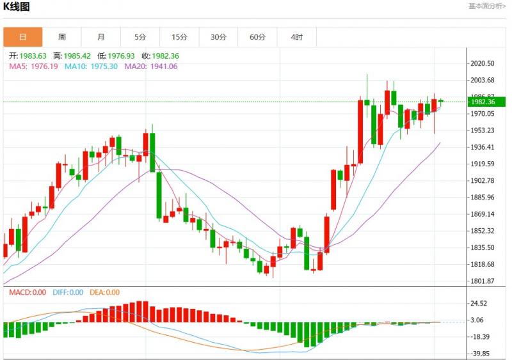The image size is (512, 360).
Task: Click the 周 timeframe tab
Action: click(62, 37)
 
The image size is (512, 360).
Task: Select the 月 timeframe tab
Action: click(101, 37)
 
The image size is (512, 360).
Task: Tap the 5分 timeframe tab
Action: click(140, 37)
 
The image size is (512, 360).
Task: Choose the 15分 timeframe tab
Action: click(179, 37)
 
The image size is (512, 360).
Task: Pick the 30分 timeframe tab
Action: click(218, 37)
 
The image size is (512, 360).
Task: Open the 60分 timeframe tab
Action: click(257, 37)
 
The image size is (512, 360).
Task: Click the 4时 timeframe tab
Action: click(296, 37)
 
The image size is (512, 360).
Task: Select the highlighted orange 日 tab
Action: click(23, 37)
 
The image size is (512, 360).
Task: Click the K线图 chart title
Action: click(17, 7)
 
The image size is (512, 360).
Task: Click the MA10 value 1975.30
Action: click(104, 66)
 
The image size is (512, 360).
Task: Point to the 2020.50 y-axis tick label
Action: click(483, 63)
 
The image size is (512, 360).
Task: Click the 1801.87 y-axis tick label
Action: click(483, 281)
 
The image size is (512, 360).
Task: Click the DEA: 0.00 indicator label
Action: click(104, 292)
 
